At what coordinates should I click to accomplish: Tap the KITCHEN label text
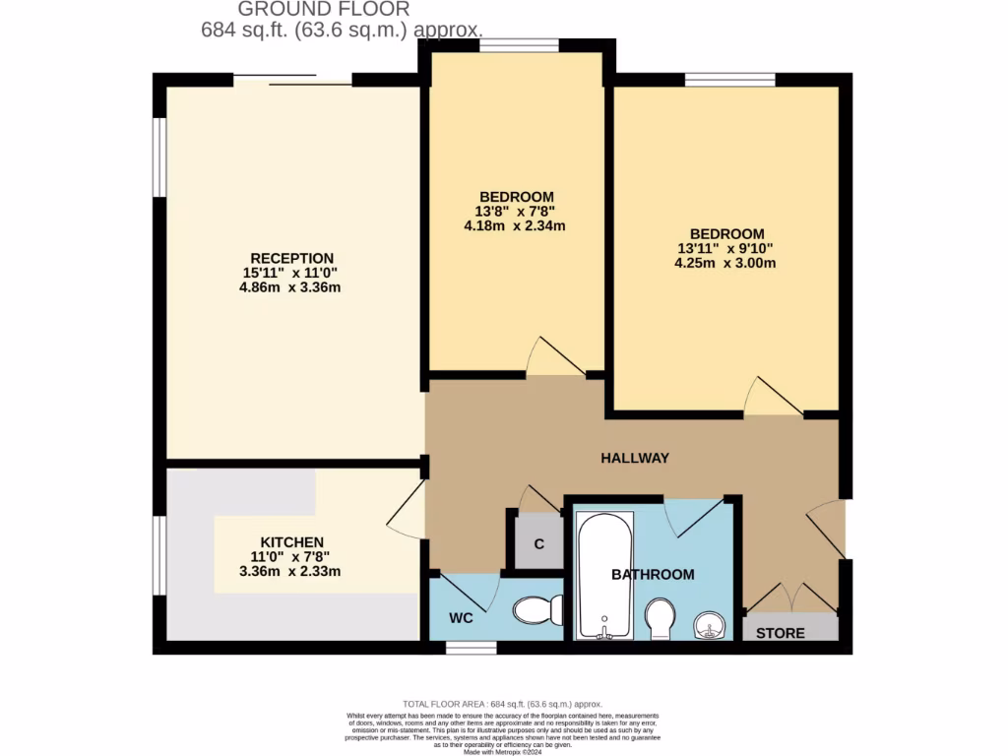291,542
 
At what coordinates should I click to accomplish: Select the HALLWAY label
635,458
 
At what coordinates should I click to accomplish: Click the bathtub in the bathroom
602,576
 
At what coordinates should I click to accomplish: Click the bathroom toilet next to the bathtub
660,619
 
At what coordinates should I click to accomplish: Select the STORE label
781,633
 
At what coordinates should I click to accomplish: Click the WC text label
462,618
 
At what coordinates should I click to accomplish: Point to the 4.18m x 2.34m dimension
515,225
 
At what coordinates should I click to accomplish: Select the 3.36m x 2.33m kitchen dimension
291,571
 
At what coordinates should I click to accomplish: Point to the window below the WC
464,648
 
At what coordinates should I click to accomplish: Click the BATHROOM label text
653,574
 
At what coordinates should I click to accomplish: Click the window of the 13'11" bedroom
730,80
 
